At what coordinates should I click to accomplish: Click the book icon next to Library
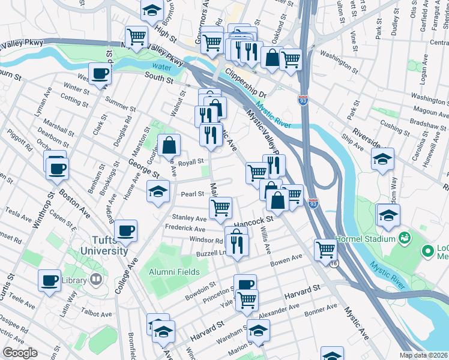(x=95, y=279)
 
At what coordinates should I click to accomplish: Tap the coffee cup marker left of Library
(x=49, y=279)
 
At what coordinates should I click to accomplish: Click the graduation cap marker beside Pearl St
(x=158, y=192)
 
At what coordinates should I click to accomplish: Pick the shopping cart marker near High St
(x=137, y=37)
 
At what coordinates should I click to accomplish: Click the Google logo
(x=20, y=353)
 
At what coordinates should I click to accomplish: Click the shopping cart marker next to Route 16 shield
(x=325, y=248)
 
